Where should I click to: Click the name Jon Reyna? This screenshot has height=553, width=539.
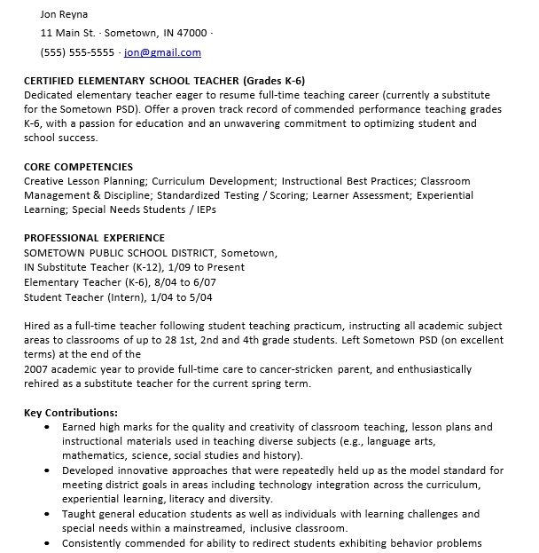click(65, 14)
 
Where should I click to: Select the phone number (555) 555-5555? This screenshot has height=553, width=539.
click(78, 52)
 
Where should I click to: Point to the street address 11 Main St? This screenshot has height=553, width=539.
click(68, 33)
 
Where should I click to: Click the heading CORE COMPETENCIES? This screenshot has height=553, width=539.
click(78, 167)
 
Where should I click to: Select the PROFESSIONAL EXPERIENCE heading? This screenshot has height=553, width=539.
click(94, 238)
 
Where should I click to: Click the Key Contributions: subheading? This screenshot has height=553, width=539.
click(71, 413)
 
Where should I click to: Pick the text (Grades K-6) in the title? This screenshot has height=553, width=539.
click(273, 80)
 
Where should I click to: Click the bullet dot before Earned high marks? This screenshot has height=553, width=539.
click(47, 428)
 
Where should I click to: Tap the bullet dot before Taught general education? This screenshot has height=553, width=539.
click(47, 514)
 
